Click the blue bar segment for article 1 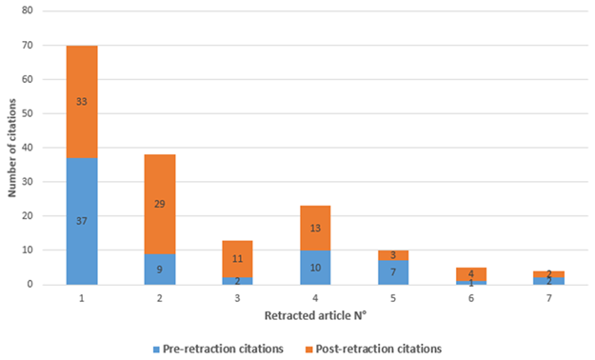tap(82, 221)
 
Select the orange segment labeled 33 tap(82, 102)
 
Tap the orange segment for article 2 tap(160, 204)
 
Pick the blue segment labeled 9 tap(160, 269)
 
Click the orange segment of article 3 tap(238, 259)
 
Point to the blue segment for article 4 tap(315, 268)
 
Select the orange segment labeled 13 tap(315, 228)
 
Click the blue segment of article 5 tap(393, 272)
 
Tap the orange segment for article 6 tap(471, 274)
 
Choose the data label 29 tap(160, 204)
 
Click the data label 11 tap(238, 259)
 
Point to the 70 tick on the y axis tap(28, 45)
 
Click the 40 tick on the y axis tap(28, 148)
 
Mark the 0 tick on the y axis tap(30, 284)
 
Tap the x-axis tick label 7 tap(548, 298)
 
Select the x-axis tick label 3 tap(238, 298)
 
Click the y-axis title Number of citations tap(12, 148)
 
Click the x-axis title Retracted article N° tap(315, 315)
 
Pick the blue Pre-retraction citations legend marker tap(156, 350)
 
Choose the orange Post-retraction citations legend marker tap(309, 350)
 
